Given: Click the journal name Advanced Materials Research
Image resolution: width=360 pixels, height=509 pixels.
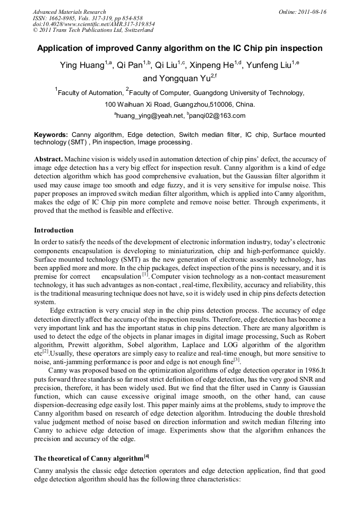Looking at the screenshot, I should (69, 12).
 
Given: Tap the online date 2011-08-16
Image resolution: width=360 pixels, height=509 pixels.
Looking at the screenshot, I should (311, 12).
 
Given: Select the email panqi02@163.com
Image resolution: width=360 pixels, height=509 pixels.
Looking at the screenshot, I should (219, 116).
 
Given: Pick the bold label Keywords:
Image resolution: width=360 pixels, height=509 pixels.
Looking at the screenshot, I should (51, 135).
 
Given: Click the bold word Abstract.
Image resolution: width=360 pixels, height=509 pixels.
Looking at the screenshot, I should (48, 159).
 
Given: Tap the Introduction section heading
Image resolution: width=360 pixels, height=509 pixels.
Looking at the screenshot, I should (54, 230).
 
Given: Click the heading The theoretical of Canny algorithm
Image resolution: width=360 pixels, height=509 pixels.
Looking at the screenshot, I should (88, 458).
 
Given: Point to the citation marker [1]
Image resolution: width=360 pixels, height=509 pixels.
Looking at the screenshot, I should (145, 274).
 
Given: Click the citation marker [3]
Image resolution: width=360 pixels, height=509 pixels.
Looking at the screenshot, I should (237, 360).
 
